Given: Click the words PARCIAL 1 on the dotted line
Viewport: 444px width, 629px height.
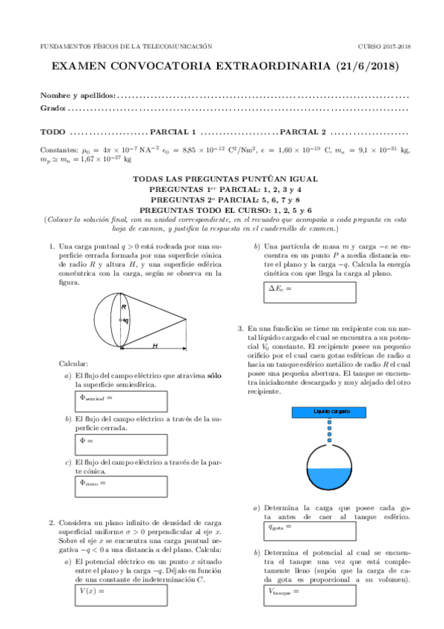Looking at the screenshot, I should click(172, 132).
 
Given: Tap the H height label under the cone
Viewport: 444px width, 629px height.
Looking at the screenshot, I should click(154, 345).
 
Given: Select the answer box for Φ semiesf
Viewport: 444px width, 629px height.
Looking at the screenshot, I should click(121, 401).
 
